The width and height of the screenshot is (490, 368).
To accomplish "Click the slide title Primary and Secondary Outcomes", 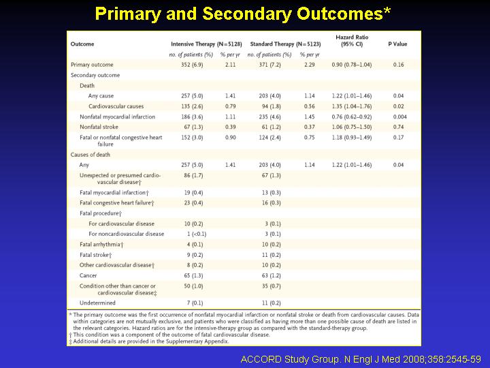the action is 243,14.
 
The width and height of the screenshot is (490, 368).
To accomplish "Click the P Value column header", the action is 397,44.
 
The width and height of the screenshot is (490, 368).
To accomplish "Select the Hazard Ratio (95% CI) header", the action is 352,41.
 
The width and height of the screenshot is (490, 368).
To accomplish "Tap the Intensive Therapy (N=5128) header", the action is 206,44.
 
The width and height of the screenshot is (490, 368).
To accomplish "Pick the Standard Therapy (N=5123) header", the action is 285,44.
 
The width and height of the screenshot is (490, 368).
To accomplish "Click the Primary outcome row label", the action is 92,65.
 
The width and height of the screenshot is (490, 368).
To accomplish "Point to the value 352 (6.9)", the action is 192,65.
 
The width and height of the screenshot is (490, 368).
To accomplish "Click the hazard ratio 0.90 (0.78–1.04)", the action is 352,65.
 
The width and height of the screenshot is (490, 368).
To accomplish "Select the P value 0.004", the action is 400,117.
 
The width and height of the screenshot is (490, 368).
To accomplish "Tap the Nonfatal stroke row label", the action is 99,127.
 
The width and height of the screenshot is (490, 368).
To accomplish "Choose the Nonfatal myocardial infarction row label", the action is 117,117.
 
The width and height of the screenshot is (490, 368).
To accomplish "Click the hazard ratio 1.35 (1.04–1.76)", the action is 352,106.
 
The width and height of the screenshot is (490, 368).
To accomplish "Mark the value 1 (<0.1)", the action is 197,234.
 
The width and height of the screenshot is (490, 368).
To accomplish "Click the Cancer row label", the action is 88,275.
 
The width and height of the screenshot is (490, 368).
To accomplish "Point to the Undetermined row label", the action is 97,303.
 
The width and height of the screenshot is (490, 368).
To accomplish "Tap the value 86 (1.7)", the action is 193,175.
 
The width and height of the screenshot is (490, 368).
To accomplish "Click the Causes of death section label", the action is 91,155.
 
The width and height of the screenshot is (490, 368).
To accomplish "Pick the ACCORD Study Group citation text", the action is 361,359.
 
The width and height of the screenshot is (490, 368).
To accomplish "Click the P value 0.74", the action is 398,127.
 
